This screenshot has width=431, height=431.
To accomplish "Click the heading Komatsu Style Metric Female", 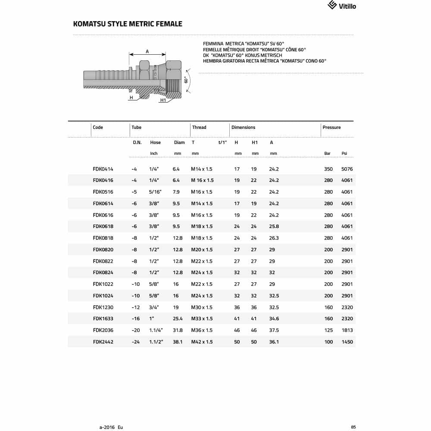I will pyautogui.click(x=128, y=24).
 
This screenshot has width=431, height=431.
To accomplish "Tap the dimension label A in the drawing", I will pyautogui.click(x=147, y=51).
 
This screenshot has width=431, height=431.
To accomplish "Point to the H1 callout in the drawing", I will pyautogui.click(x=163, y=100).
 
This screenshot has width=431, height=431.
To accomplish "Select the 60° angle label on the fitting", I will pyautogui.click(x=186, y=80).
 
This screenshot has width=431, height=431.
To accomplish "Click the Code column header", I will pyautogui.click(x=98, y=128).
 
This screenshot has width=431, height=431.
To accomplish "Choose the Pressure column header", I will pyautogui.click(x=331, y=128).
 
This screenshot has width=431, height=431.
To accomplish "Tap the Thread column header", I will pyautogui.click(x=199, y=128).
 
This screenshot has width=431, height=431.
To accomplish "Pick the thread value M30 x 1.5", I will pyautogui.click(x=202, y=307).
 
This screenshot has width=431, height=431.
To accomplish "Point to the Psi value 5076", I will pyautogui.click(x=347, y=169).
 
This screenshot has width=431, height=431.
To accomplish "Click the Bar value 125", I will pyautogui.click(x=328, y=330).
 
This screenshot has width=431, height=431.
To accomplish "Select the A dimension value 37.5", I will pyautogui.click(x=274, y=330).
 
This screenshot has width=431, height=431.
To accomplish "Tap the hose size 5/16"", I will pyautogui.click(x=155, y=192).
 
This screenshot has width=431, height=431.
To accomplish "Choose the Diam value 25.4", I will pyautogui.click(x=178, y=319).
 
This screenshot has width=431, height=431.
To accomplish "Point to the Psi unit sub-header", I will pyautogui.click(x=344, y=153).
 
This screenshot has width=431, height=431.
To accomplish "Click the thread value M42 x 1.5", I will pyautogui.click(x=202, y=342).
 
